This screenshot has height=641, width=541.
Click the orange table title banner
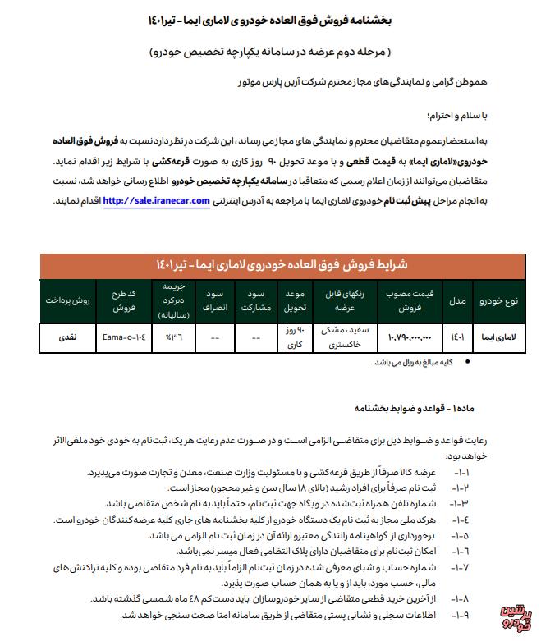[x=269, y=266]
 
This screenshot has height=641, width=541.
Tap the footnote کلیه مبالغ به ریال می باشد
[x=420, y=362]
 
